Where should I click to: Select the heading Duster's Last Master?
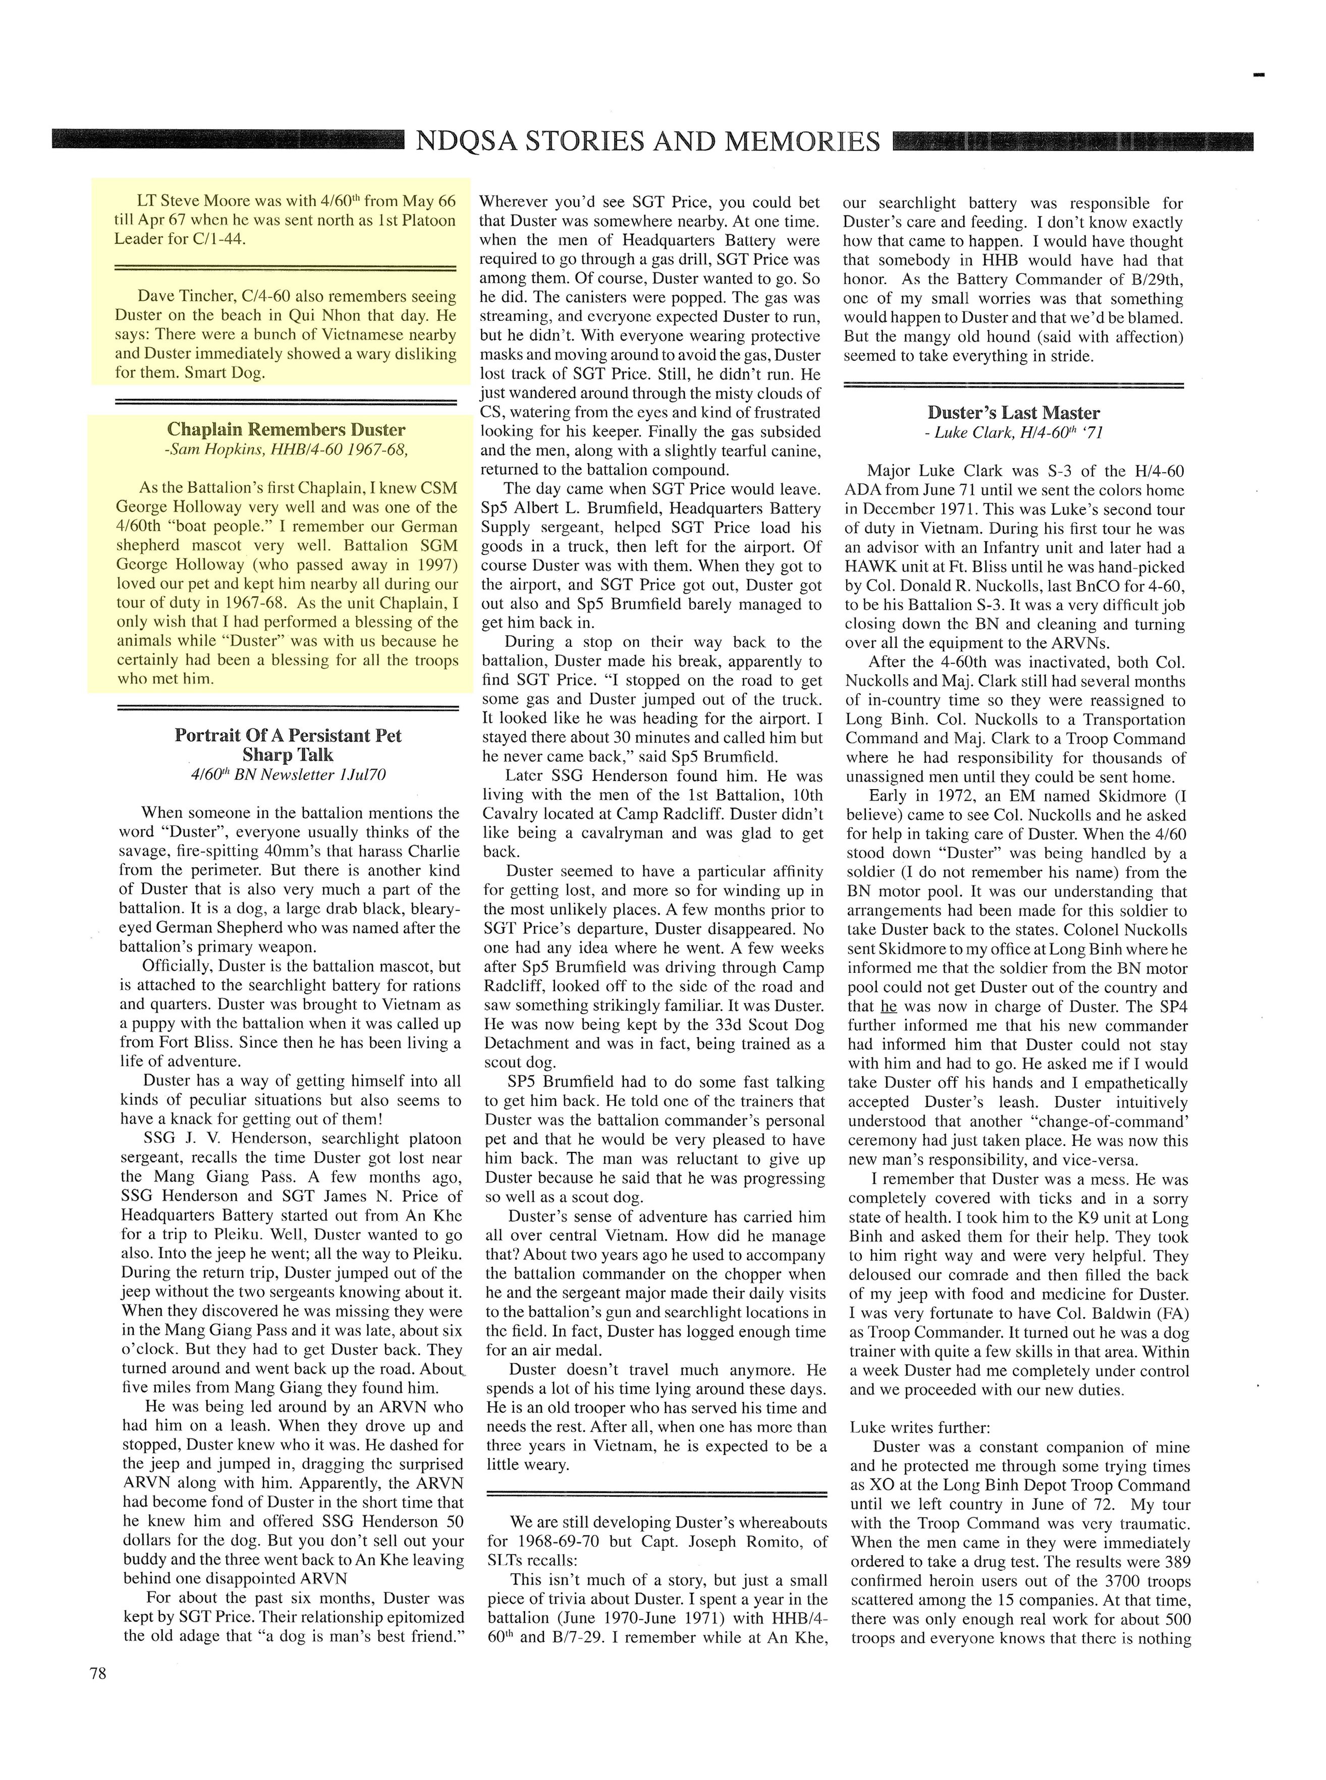tap(1014, 413)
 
